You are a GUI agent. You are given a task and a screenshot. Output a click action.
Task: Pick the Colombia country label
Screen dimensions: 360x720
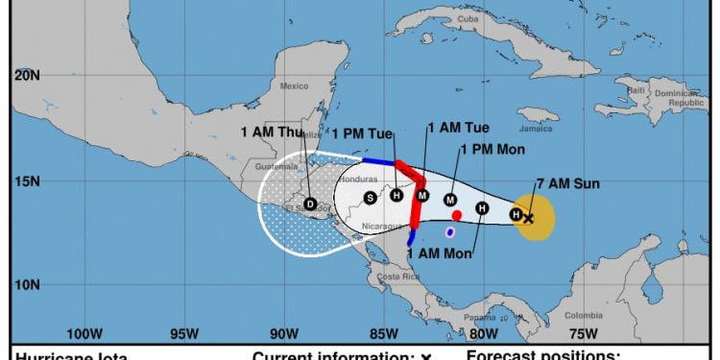[x=583, y=315]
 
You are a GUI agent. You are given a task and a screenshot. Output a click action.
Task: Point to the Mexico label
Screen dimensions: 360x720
[x=294, y=85]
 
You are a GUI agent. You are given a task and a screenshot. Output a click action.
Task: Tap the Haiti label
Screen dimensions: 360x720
[x=636, y=90]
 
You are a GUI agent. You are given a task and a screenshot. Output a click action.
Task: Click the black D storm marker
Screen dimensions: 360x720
[x=310, y=204]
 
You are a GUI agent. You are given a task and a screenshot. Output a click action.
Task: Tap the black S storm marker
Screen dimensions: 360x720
[x=370, y=198]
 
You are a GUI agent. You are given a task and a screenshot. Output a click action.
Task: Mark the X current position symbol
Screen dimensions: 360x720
[x=528, y=219]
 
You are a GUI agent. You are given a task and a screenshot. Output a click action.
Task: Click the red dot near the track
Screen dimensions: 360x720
[x=457, y=215]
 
